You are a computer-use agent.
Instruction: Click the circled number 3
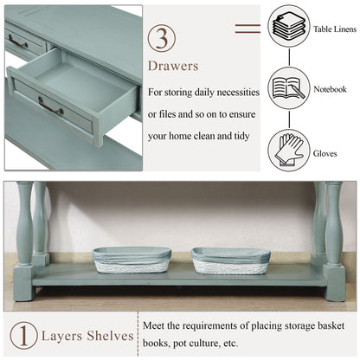(162, 38)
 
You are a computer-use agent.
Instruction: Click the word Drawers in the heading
(173, 66)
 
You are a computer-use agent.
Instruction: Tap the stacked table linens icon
(289, 26)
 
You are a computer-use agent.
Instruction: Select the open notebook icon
(289, 88)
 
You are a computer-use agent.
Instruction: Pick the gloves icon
(289, 151)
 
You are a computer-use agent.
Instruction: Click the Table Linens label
(335, 29)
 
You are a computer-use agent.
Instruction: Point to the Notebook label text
(330, 89)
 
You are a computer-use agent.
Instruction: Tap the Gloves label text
(325, 153)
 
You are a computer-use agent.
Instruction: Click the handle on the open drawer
(50, 106)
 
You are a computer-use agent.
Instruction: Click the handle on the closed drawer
(18, 41)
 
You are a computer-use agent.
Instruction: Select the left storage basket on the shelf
(132, 260)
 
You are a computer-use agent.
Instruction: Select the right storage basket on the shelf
(230, 260)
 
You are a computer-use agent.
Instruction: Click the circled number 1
(23, 336)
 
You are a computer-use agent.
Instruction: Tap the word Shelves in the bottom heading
(110, 336)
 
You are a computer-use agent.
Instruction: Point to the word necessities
(238, 93)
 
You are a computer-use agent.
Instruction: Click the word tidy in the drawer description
(241, 136)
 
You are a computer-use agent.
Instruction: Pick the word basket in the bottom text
(331, 325)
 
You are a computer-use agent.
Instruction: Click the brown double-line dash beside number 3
(247, 29)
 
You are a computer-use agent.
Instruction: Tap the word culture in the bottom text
(204, 344)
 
